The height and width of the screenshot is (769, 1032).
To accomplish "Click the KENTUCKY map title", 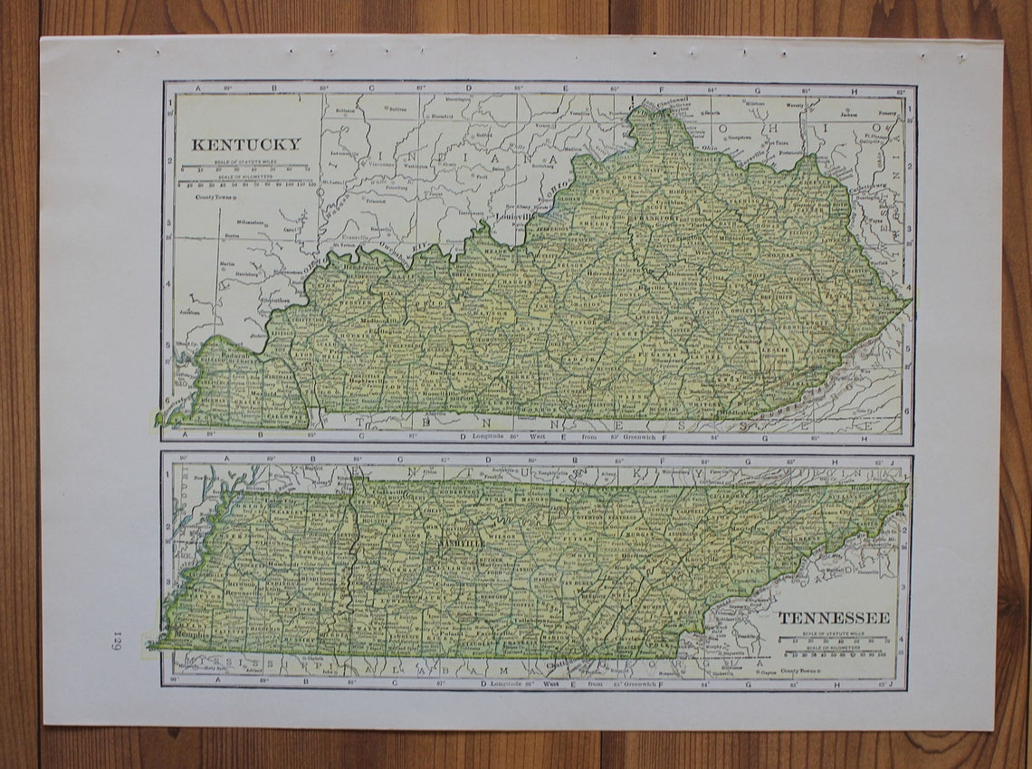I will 245,144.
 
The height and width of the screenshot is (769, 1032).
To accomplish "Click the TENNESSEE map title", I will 834,618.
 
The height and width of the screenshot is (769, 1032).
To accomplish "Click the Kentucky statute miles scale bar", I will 245,169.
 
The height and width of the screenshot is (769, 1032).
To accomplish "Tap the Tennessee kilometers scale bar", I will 834,653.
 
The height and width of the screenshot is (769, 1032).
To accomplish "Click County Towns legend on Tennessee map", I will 802,670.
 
